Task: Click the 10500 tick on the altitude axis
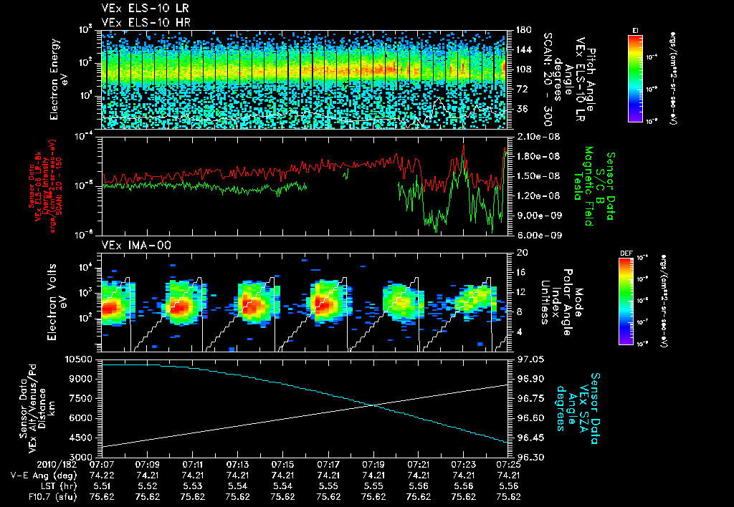[80, 359]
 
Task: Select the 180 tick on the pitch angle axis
[519, 30]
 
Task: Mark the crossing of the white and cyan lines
[373, 406]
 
